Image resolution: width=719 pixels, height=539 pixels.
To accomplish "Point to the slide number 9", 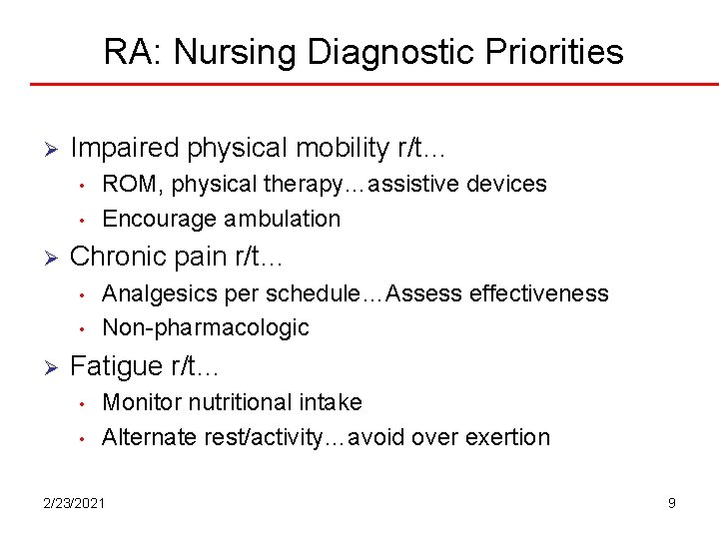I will coord(672,503).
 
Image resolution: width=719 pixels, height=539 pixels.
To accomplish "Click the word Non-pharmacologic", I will coord(206,327).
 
